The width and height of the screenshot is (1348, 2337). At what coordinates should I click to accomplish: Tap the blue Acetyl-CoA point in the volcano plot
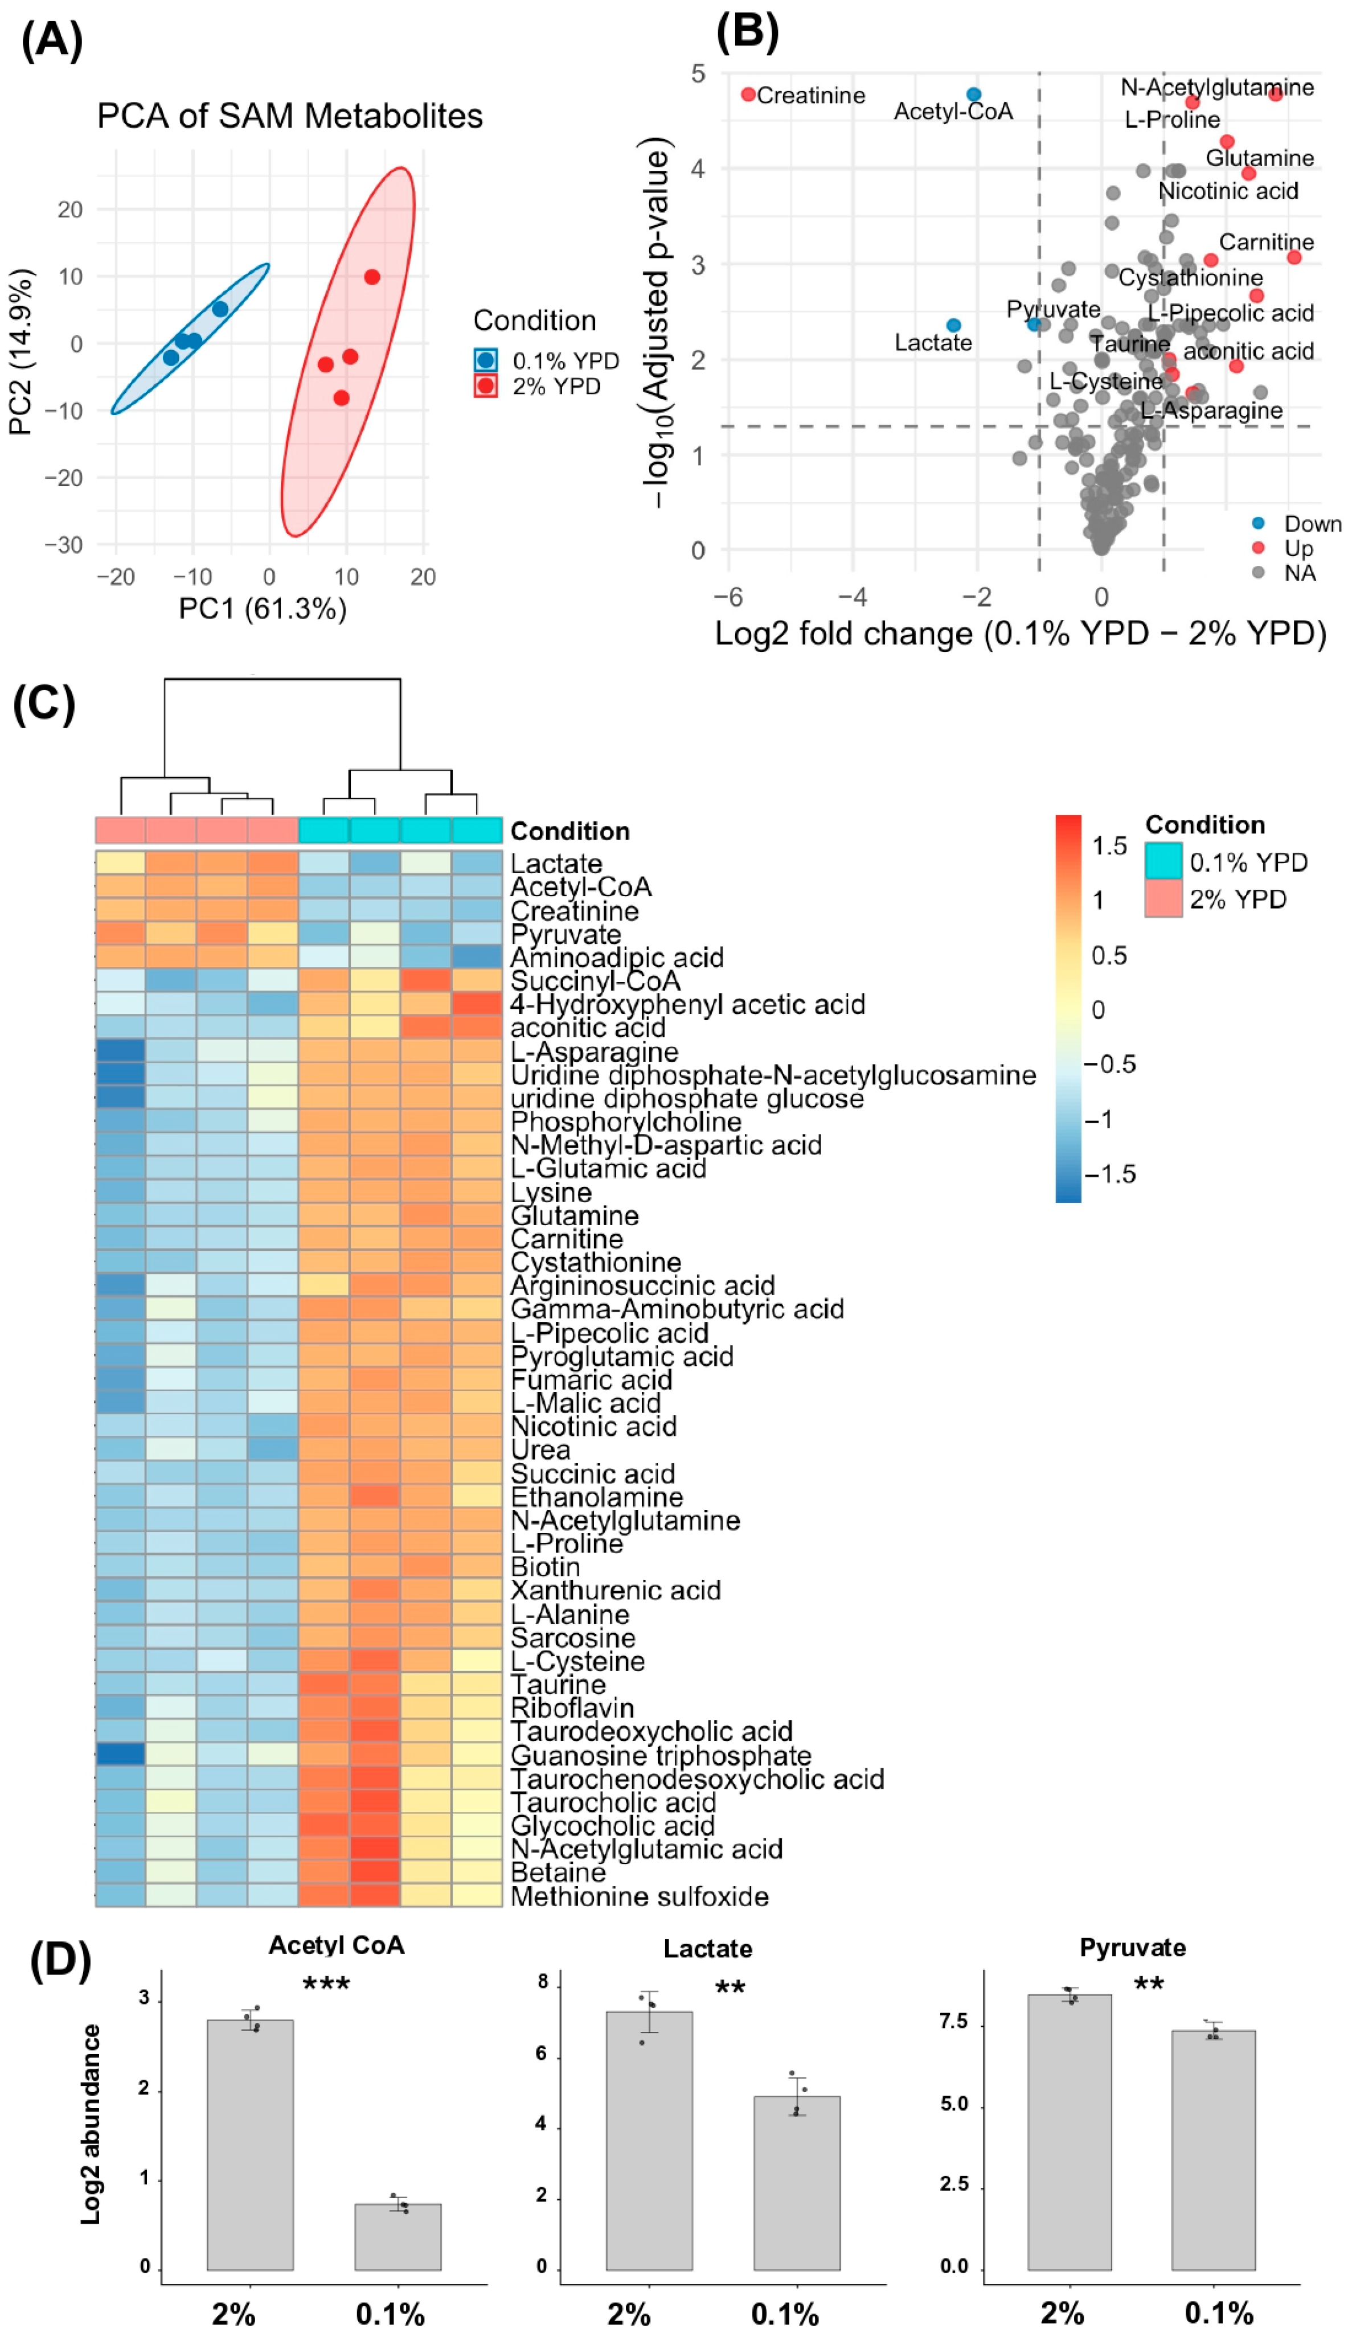point(973,95)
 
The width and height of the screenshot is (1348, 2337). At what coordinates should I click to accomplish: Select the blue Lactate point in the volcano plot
point(953,325)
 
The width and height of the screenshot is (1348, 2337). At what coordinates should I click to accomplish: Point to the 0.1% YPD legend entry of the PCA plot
point(546,360)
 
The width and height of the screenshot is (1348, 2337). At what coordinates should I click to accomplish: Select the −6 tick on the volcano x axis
point(728,597)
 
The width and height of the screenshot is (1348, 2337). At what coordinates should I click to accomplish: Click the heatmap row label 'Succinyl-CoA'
point(595,981)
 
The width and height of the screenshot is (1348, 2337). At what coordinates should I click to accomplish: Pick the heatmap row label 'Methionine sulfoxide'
point(640,1896)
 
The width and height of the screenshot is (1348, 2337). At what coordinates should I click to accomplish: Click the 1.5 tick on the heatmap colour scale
point(1109,846)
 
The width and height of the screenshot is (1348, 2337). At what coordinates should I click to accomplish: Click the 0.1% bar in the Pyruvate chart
point(1213,2150)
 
